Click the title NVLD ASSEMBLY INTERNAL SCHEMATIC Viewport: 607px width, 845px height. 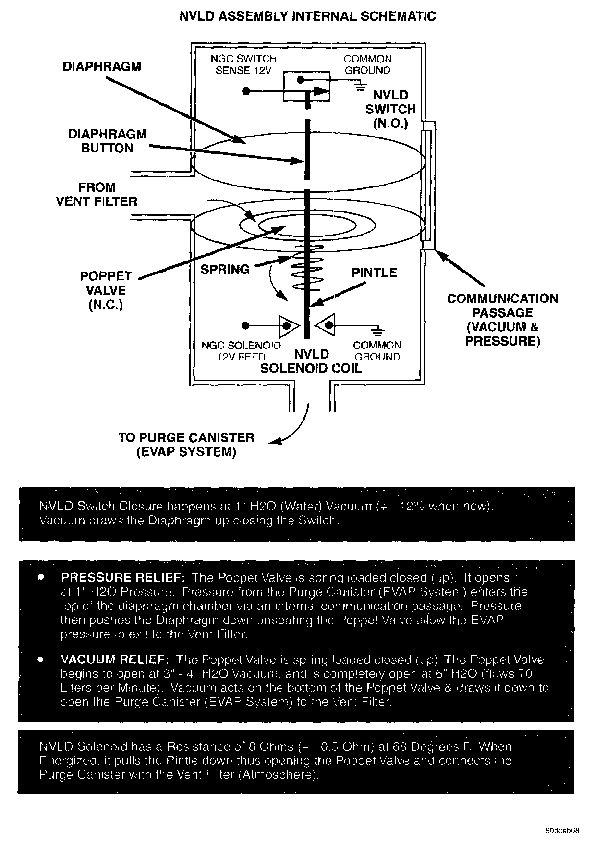point(307,16)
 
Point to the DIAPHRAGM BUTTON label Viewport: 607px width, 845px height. point(107,141)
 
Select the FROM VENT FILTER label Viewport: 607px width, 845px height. point(97,195)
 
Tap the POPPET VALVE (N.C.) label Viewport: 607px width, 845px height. point(106,290)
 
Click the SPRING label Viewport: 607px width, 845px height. point(225,270)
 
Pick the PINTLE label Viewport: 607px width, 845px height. point(374,273)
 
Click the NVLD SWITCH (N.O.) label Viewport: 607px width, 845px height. point(390,109)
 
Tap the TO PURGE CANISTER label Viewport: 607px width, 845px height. point(186,445)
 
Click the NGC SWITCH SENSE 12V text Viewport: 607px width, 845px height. point(243,64)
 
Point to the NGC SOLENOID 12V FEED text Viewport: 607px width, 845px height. point(241,351)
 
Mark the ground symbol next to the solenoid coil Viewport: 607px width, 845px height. point(378,331)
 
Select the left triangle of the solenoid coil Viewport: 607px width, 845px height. point(287,326)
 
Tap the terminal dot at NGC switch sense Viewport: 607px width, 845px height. point(246,91)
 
